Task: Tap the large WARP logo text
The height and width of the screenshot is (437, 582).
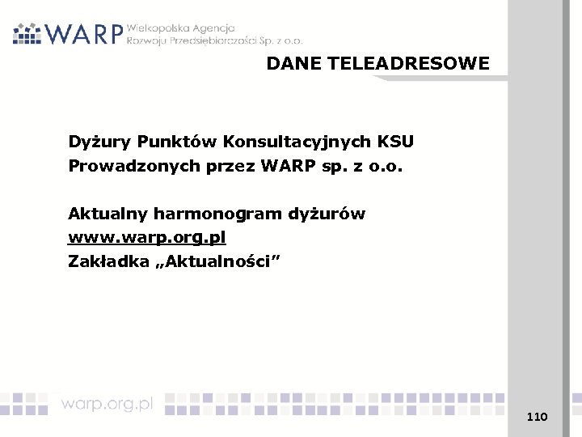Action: pyautogui.click(x=84, y=34)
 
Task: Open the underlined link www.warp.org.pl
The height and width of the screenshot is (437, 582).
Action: pyautogui.click(x=147, y=239)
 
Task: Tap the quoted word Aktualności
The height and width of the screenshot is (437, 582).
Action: pyautogui.click(x=219, y=262)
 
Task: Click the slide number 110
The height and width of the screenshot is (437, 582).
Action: pyautogui.click(x=537, y=417)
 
